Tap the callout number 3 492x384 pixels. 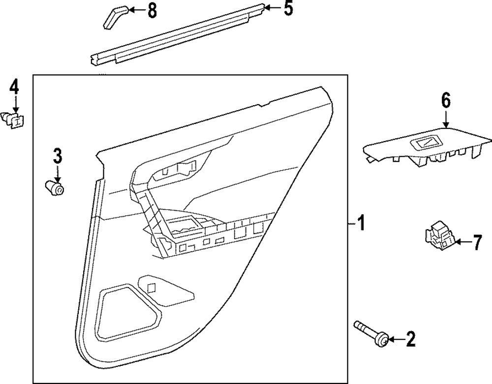click(x=58, y=157)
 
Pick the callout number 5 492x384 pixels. click(x=288, y=8)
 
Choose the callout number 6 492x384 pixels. click(x=445, y=101)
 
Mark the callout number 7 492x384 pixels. click(x=476, y=242)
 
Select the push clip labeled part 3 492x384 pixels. click(x=55, y=188)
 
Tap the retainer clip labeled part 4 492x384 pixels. click(x=16, y=119)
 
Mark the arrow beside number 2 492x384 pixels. click(x=396, y=338)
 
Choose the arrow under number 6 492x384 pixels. click(x=446, y=120)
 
